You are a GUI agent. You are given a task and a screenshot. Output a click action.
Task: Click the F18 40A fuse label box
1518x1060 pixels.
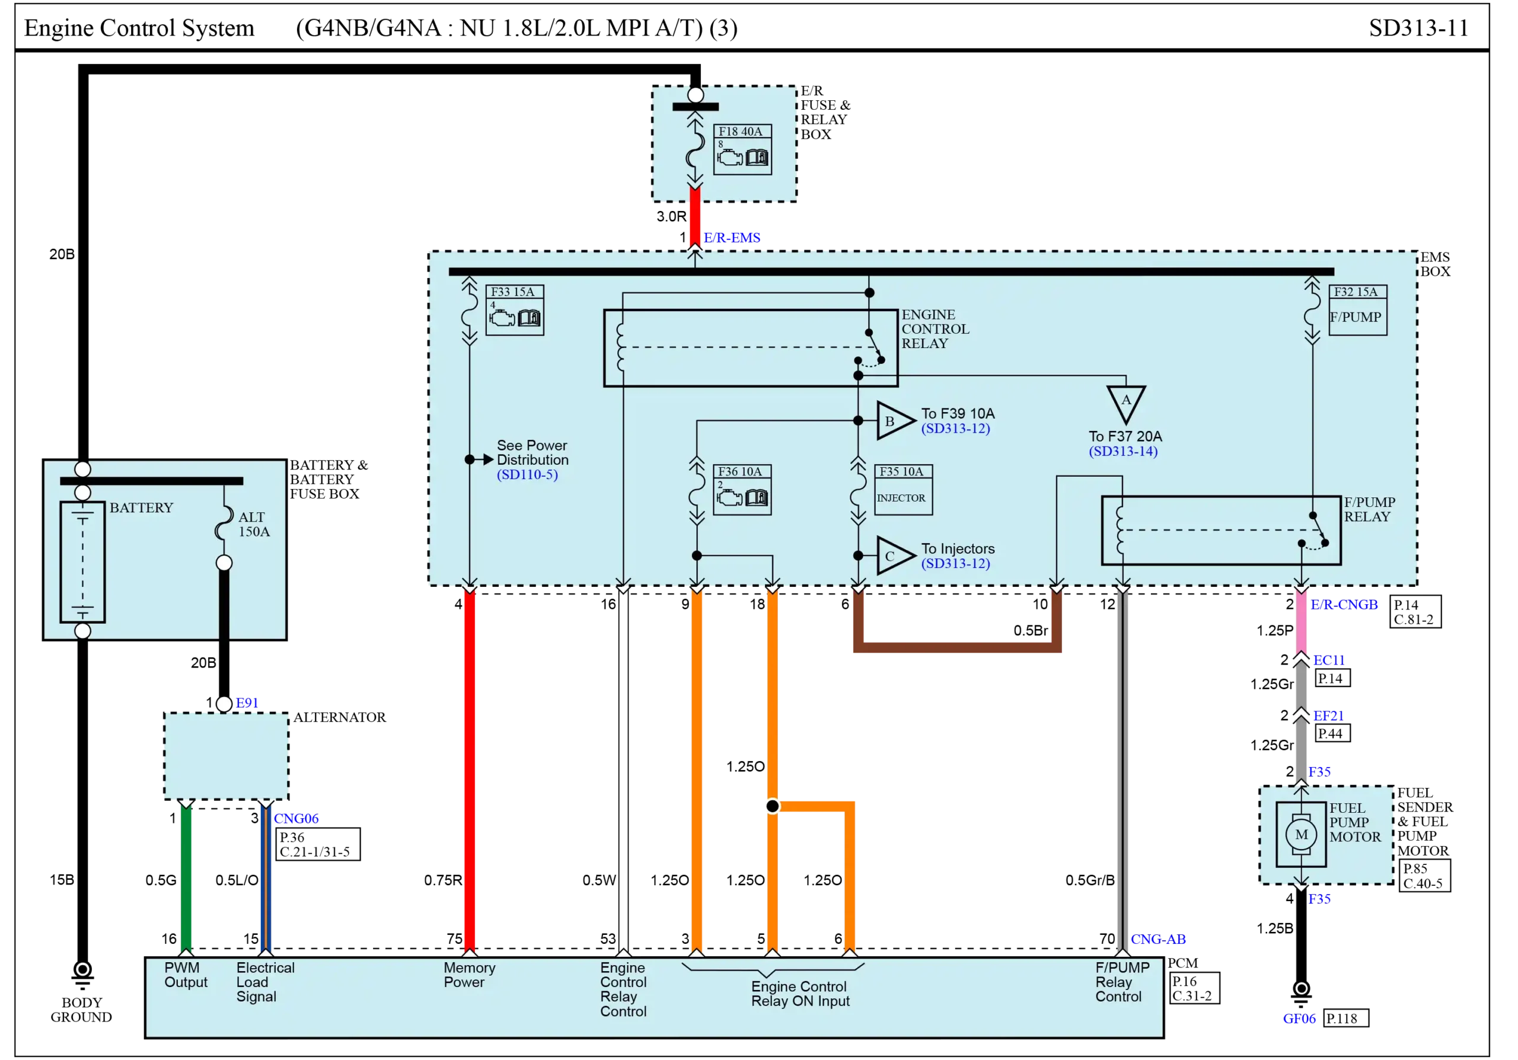click(x=742, y=150)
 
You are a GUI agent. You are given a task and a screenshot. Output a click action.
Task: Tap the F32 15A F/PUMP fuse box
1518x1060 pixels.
click(x=1357, y=310)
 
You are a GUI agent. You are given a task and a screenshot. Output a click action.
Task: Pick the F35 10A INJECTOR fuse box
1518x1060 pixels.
click(x=903, y=490)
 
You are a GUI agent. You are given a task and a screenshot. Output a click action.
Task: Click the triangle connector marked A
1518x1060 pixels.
click(x=1125, y=403)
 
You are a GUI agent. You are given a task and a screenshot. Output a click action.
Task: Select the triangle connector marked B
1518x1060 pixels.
click(x=892, y=420)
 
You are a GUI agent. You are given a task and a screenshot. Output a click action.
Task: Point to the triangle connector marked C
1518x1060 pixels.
click(x=892, y=555)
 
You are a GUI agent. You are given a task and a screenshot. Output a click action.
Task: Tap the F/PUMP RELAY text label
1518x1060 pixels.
click(x=1369, y=509)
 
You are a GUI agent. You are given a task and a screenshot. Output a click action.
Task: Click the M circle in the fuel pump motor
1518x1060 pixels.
click(x=1300, y=835)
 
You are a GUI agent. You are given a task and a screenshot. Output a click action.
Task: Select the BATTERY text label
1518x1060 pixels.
click(x=141, y=507)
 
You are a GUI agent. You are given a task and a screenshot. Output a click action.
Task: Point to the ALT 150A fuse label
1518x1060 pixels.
click(x=254, y=524)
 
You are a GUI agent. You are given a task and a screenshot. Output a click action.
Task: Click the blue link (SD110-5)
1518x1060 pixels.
click(x=527, y=474)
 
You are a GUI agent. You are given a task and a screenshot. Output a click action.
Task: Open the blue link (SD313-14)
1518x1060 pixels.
click(x=1122, y=451)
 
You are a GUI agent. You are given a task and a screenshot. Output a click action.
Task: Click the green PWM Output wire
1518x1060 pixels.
click(x=187, y=879)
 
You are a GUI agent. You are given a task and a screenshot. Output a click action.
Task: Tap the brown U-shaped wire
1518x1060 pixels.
click(x=955, y=647)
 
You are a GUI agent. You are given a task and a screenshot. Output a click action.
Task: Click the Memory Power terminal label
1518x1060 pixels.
click(x=469, y=975)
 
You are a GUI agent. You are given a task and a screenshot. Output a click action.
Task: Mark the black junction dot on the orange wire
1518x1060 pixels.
click(x=771, y=806)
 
